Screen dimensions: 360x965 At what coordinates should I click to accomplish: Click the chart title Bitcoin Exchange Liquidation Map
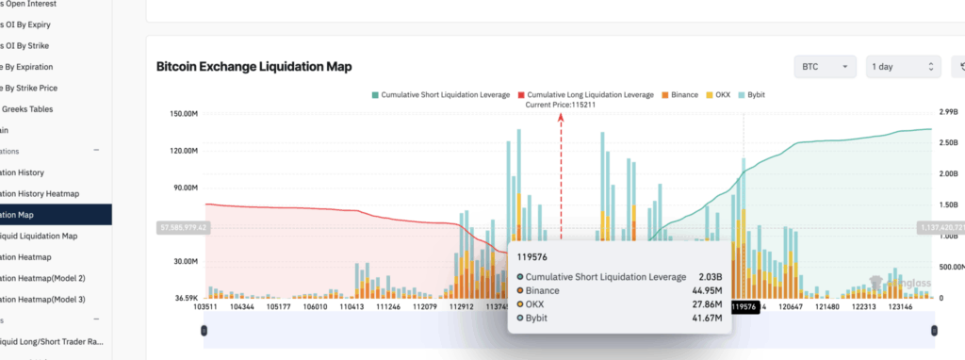coord(254,67)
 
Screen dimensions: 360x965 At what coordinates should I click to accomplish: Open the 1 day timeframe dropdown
coord(904,67)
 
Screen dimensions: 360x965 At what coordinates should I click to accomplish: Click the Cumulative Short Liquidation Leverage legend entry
coord(445,95)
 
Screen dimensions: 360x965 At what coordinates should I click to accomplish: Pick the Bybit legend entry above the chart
coord(761,95)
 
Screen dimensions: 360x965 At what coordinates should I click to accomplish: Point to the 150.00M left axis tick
coord(178,114)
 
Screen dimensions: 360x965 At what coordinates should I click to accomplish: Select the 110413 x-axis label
coord(353,306)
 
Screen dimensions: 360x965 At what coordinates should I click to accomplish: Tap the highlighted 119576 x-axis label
coord(744,306)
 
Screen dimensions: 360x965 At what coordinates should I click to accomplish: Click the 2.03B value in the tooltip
coord(709,276)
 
